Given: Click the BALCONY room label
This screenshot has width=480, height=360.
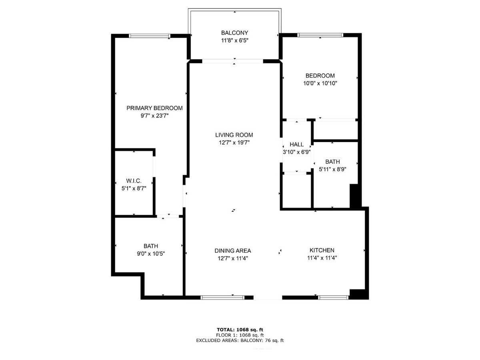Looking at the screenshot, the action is coord(234,33).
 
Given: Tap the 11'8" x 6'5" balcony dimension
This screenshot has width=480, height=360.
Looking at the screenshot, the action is coord(234,40).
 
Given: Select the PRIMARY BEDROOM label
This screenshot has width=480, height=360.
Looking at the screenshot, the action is coord(154,108).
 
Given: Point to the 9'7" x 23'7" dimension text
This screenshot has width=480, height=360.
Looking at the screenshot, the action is coord(154,116).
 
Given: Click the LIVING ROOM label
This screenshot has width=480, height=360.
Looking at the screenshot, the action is coord(234,135).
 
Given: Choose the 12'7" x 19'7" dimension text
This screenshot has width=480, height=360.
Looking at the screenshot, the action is coord(234,142).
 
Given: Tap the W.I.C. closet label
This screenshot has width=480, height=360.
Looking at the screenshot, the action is coord(134,181).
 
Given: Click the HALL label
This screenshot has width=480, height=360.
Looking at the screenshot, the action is coord(296,144).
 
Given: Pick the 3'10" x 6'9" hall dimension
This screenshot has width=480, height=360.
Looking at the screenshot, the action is coord(296,152).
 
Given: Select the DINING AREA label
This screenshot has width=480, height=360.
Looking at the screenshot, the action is coord(233,251).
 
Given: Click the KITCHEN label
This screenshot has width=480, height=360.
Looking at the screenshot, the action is coord(322,250).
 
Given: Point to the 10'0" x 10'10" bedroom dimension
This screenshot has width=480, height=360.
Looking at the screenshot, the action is coord(320,83).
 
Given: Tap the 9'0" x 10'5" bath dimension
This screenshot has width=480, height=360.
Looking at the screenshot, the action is coord(151,254).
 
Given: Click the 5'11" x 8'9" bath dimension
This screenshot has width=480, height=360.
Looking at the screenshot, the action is coord(332,169).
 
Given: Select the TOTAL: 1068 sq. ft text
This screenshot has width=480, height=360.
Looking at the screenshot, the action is coord(240,330).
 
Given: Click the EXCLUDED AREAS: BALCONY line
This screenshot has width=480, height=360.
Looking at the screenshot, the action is coord(240,340).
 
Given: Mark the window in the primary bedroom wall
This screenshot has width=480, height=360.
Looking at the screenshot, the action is coord(149,36).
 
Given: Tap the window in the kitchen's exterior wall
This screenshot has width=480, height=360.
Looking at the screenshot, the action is coord(333,298).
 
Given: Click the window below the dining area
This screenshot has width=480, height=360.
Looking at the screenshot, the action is coord(222,298).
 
